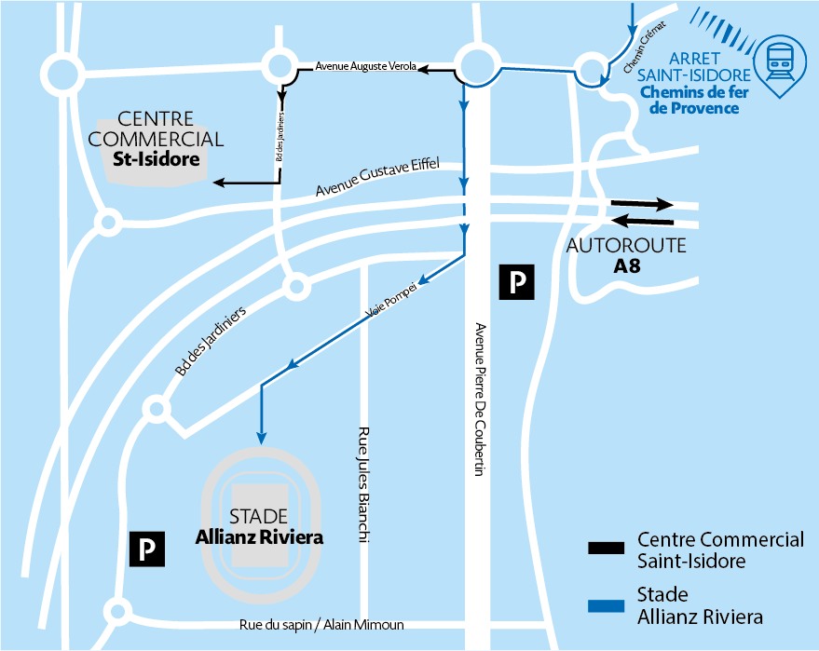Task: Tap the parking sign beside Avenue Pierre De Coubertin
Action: click(x=516, y=282)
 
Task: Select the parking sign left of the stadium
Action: click(x=147, y=549)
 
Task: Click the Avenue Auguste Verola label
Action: click(x=365, y=66)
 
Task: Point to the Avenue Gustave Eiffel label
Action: click(x=377, y=176)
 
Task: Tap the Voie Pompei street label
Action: click(x=391, y=301)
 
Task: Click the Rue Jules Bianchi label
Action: click(x=363, y=485)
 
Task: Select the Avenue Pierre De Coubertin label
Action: click(x=480, y=400)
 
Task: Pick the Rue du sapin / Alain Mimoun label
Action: click(x=321, y=624)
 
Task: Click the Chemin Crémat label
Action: click(x=644, y=47)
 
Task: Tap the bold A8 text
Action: click(x=626, y=265)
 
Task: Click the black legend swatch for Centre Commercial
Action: click(x=606, y=548)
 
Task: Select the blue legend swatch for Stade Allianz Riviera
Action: click(x=606, y=605)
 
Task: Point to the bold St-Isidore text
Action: click(x=157, y=158)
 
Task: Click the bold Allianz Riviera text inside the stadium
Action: click(x=259, y=537)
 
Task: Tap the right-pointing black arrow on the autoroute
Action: click(x=642, y=204)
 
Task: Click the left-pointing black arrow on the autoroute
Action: click(x=642, y=222)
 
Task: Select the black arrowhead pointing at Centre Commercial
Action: click(x=219, y=183)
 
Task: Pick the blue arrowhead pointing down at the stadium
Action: click(x=261, y=438)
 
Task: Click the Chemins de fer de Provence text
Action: click(x=694, y=100)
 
